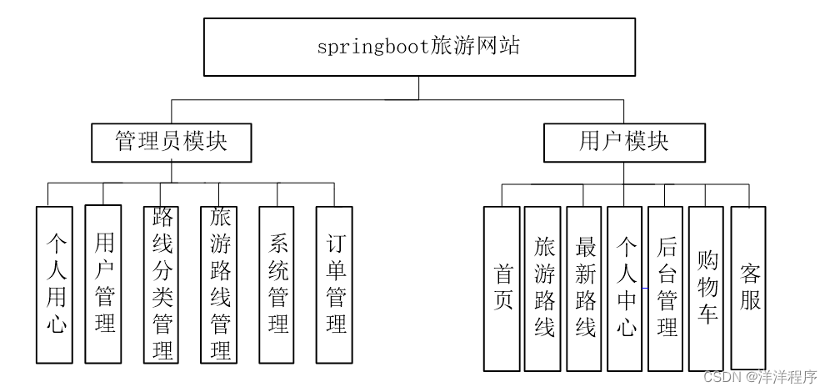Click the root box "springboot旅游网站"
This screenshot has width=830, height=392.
(x=418, y=46)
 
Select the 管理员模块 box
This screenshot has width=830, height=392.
(x=171, y=142)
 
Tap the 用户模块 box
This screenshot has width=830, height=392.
(x=623, y=142)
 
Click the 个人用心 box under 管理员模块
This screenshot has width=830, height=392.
(x=54, y=284)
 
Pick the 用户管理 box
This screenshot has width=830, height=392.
(x=104, y=284)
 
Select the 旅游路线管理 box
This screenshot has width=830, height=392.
(x=220, y=284)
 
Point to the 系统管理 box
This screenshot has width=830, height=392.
(x=278, y=284)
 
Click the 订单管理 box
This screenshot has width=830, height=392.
(x=336, y=284)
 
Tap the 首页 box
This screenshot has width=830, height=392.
(x=502, y=288)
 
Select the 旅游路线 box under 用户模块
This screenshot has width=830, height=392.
(x=543, y=288)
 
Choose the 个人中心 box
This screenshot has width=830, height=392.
(x=625, y=288)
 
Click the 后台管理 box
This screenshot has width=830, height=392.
(x=666, y=288)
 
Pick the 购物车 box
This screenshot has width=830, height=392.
(x=707, y=288)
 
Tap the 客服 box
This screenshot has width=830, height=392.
(x=748, y=288)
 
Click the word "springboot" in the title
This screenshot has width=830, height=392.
(x=373, y=47)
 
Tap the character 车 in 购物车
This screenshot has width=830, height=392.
(x=707, y=314)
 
